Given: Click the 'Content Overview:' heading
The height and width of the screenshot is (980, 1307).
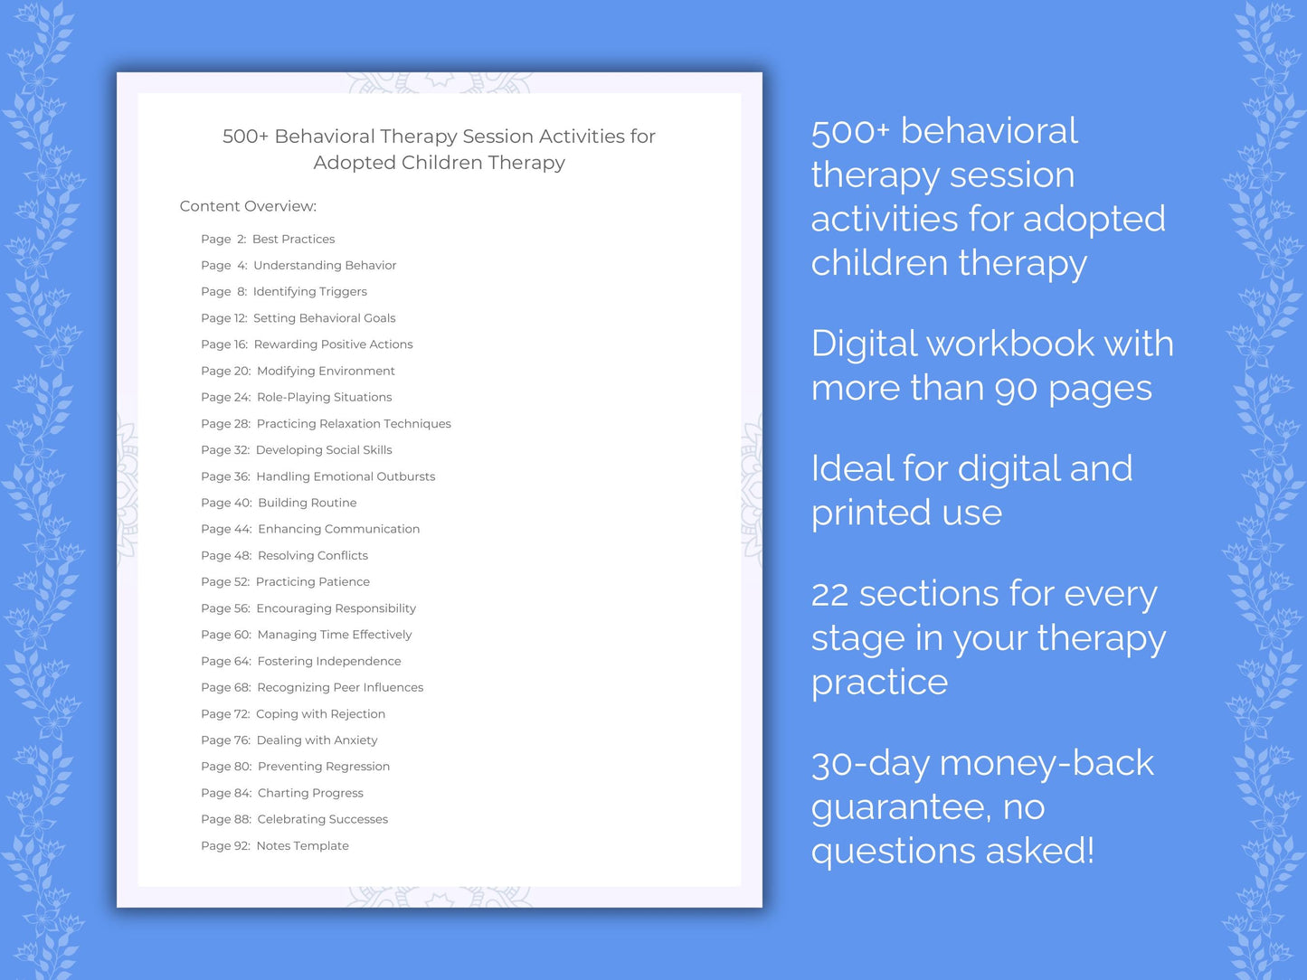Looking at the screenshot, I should [248, 206].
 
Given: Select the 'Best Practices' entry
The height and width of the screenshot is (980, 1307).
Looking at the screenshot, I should [293, 239].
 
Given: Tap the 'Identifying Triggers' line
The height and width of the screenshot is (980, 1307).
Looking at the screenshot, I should [309, 291].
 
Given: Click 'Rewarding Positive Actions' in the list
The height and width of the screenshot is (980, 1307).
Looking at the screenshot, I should [333, 344].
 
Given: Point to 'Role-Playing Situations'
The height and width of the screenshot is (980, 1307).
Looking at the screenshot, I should [324, 397].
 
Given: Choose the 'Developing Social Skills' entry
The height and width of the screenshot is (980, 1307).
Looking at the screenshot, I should [324, 450].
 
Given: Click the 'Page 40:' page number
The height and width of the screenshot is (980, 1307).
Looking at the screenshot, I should [226, 503].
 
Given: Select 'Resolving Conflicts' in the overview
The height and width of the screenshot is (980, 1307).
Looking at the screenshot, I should [312, 555].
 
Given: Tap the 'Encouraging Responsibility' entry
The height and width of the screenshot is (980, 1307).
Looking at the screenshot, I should [336, 608].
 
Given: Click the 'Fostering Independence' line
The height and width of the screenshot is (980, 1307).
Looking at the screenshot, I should [328, 661].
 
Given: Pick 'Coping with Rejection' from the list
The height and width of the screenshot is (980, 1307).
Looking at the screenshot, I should [320, 714].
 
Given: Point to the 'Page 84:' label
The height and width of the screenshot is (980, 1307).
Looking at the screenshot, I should [226, 793].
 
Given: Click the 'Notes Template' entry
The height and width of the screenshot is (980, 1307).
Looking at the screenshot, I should [302, 846].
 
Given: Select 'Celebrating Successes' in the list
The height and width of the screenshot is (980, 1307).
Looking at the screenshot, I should [322, 819].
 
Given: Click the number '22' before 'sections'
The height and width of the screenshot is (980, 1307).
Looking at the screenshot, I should [829, 595].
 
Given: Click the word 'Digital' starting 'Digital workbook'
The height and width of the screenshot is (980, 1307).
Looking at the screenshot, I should [864, 344].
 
